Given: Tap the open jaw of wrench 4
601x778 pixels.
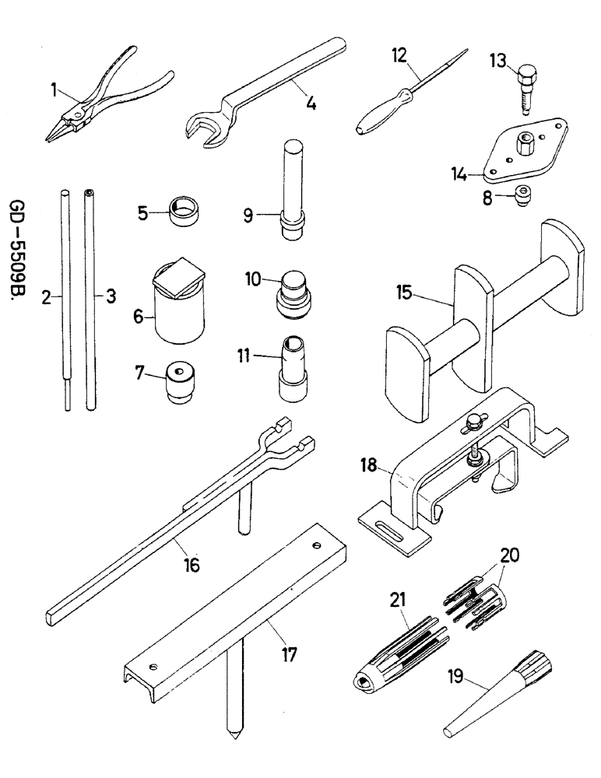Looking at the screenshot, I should pos(205,128).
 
